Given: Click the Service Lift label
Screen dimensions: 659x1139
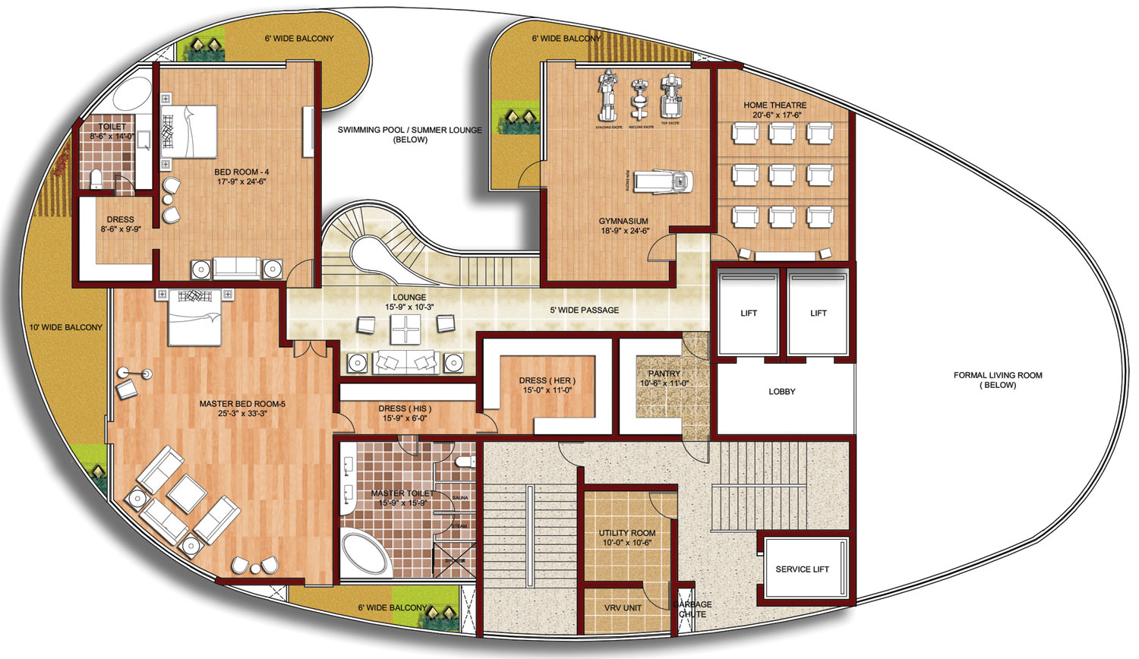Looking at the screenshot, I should pyautogui.click(x=802, y=569).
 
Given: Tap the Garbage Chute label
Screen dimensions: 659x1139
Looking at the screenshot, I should pyautogui.click(x=692, y=609).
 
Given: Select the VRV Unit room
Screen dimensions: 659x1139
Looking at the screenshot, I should pyautogui.click(x=623, y=607).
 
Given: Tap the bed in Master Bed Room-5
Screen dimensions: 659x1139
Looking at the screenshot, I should pyautogui.click(x=195, y=317).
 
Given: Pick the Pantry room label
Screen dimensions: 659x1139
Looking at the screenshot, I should pyautogui.click(x=664, y=374).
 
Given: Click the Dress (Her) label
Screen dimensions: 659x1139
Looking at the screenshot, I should pyautogui.click(x=547, y=380).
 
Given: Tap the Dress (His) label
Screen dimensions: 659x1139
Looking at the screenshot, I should pyautogui.click(x=405, y=408).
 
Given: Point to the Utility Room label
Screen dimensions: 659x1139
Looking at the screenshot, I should pyautogui.click(x=626, y=533).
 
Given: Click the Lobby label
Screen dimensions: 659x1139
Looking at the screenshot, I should pyautogui.click(x=781, y=392).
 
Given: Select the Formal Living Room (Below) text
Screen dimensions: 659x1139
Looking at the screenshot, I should pyautogui.click(x=997, y=380).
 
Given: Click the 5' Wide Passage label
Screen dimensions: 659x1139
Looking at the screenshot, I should pyautogui.click(x=584, y=310).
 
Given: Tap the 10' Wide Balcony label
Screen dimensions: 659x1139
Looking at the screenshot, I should pyautogui.click(x=65, y=327).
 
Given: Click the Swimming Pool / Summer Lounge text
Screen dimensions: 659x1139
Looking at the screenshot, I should pyautogui.click(x=409, y=131).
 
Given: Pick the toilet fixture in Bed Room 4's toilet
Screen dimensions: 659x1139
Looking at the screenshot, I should pyautogui.click(x=96, y=179).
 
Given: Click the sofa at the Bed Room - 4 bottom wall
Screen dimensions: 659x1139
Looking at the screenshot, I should pyautogui.click(x=235, y=268).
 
